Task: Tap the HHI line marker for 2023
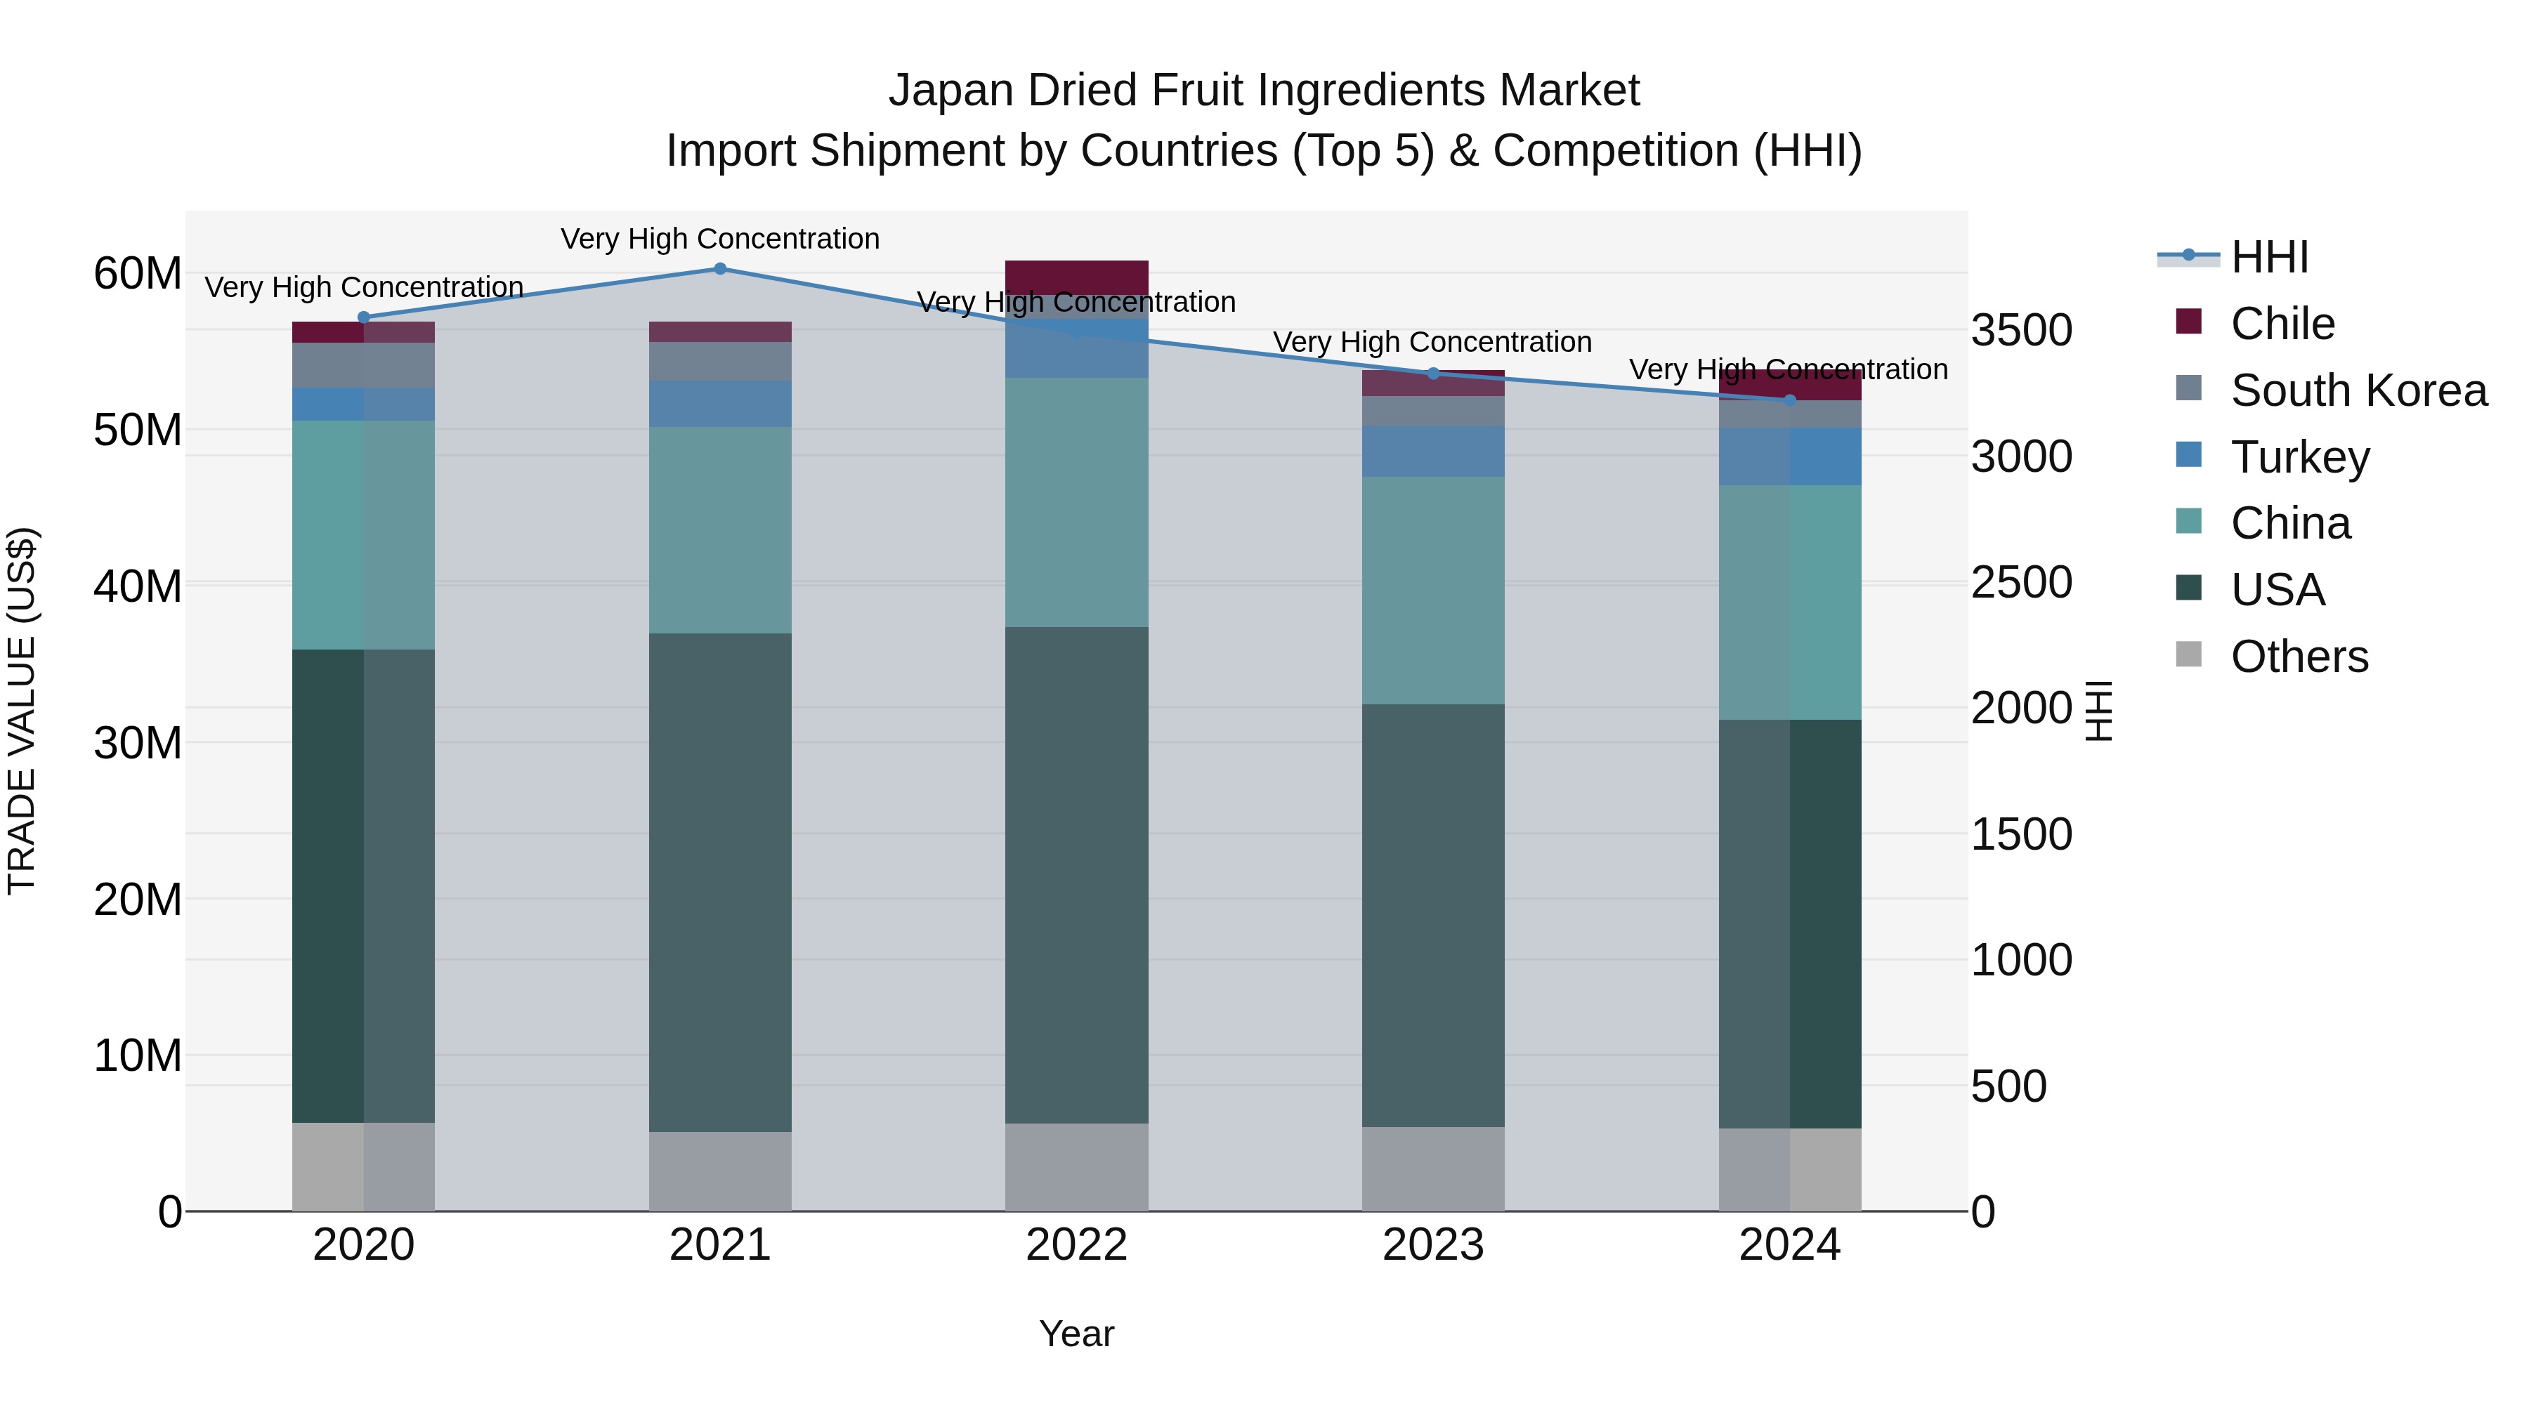1432,374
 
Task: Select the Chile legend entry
2282,324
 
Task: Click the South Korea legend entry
2358,390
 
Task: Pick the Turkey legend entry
2299,457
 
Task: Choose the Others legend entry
2299,657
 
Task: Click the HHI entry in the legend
2269,257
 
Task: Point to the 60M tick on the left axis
138,274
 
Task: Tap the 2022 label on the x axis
1076,1245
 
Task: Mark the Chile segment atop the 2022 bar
1076,276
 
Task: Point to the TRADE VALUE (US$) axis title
22,711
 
